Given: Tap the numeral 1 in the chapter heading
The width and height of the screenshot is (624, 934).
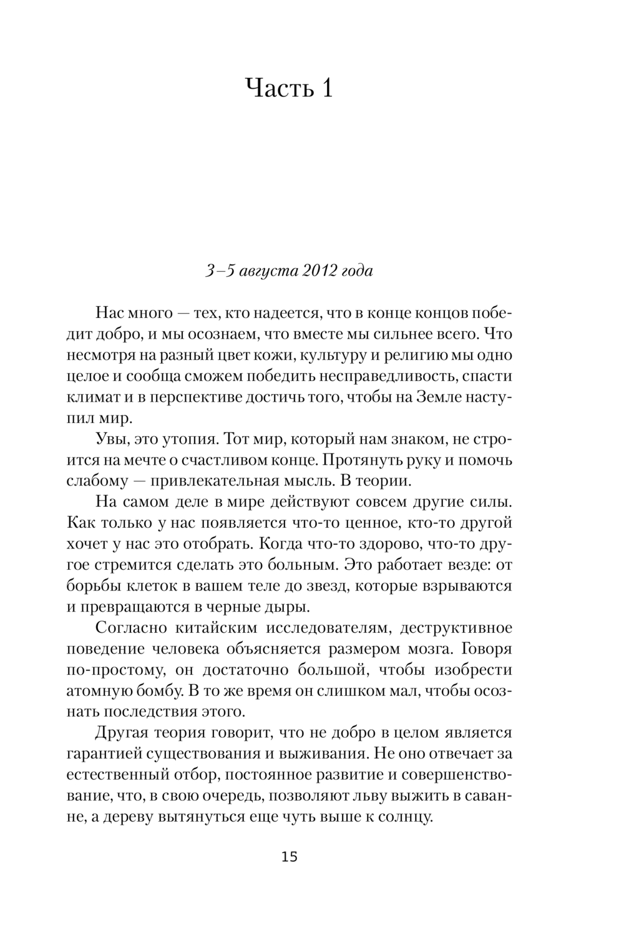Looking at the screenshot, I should (326, 88).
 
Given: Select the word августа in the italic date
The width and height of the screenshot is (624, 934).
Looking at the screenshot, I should (268, 271).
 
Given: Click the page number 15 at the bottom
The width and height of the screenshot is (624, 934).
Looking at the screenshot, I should (290, 857).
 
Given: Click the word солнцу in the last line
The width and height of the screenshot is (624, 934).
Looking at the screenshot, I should (405, 817).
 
